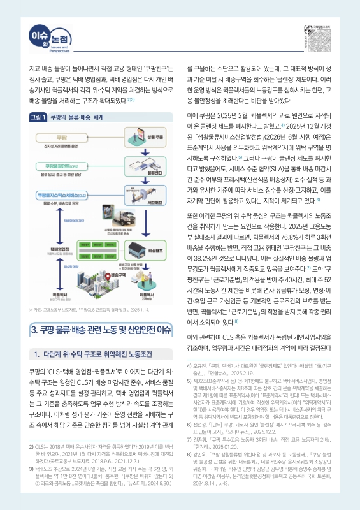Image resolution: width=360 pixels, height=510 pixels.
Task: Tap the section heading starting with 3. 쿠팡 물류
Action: (x=101, y=329)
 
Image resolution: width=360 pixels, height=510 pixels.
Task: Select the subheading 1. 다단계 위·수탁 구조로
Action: (x=96, y=354)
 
